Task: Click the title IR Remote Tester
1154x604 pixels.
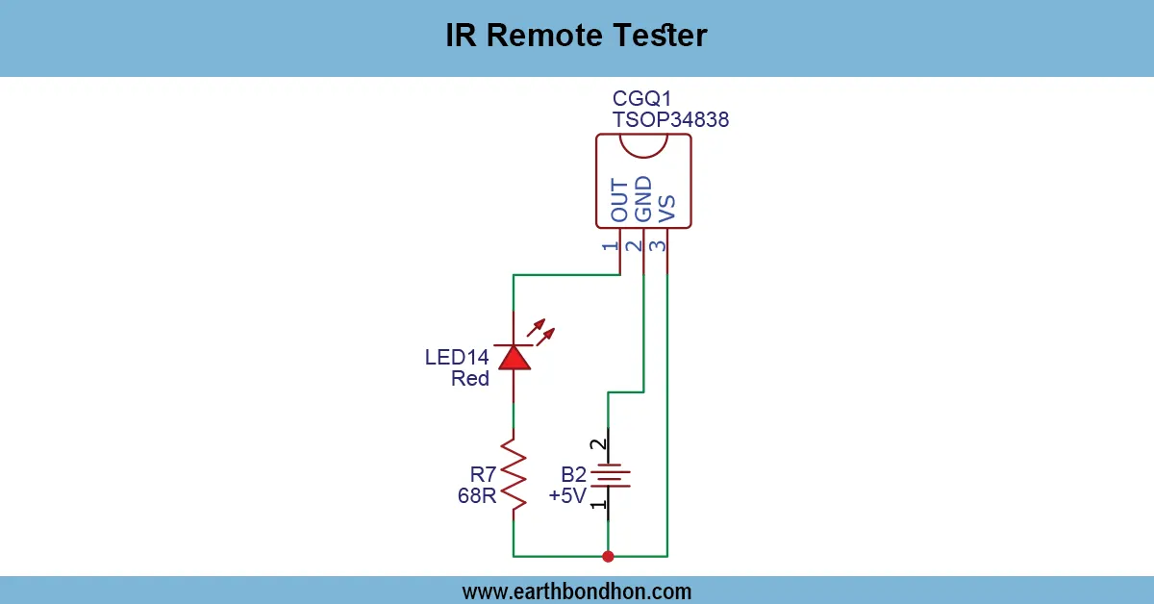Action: (x=576, y=36)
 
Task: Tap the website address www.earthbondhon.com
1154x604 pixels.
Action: (x=577, y=591)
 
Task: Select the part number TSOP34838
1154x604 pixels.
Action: (x=670, y=120)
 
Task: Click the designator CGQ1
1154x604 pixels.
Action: (x=641, y=99)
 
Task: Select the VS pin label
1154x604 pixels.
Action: (x=666, y=207)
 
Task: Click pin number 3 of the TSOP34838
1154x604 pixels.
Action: (x=656, y=245)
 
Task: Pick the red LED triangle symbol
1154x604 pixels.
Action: (x=514, y=358)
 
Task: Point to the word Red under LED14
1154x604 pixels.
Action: (x=470, y=379)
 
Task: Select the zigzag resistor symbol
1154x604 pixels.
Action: (x=514, y=474)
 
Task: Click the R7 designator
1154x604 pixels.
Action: (x=484, y=474)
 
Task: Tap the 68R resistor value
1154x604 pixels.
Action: (x=477, y=496)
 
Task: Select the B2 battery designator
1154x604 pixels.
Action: (x=574, y=475)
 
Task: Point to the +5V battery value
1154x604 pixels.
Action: (x=567, y=496)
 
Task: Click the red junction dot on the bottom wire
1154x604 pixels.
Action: (x=608, y=556)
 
